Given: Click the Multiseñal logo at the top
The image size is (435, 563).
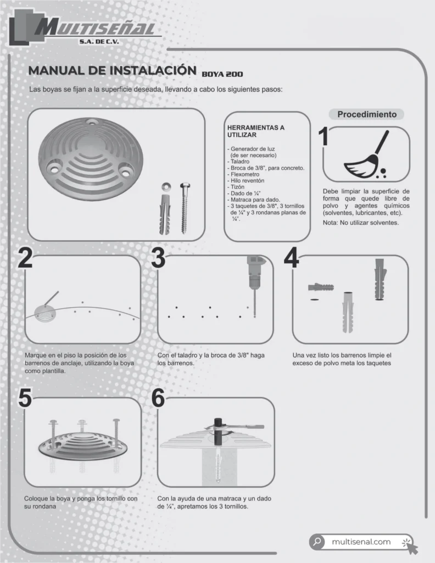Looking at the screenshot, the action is tap(84, 27).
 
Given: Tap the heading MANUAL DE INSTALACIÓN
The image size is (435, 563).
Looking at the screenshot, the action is tap(112, 70).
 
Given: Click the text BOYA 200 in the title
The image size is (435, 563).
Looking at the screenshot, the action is tap(222, 74).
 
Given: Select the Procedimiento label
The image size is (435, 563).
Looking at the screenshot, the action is tap(367, 114).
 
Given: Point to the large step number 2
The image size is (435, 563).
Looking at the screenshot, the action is tap(25, 258).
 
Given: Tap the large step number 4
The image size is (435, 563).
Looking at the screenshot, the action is tap(291, 258).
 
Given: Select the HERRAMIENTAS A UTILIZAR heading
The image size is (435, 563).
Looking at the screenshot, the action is tap(256, 131).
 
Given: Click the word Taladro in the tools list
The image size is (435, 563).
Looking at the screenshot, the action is tap(240, 162).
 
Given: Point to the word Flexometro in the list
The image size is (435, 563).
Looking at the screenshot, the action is tap(245, 174).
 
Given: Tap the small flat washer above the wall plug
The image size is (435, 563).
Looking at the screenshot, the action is tap(166, 186).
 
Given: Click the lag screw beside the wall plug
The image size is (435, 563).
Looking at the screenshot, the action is tap(185, 208).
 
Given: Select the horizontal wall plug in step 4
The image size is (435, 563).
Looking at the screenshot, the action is tap(321, 287).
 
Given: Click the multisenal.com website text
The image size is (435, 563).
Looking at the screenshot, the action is tap(361, 542).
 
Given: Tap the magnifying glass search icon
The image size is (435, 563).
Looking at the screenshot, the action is tap(317, 542).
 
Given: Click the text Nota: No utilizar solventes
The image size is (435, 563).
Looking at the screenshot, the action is tap(360, 223).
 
